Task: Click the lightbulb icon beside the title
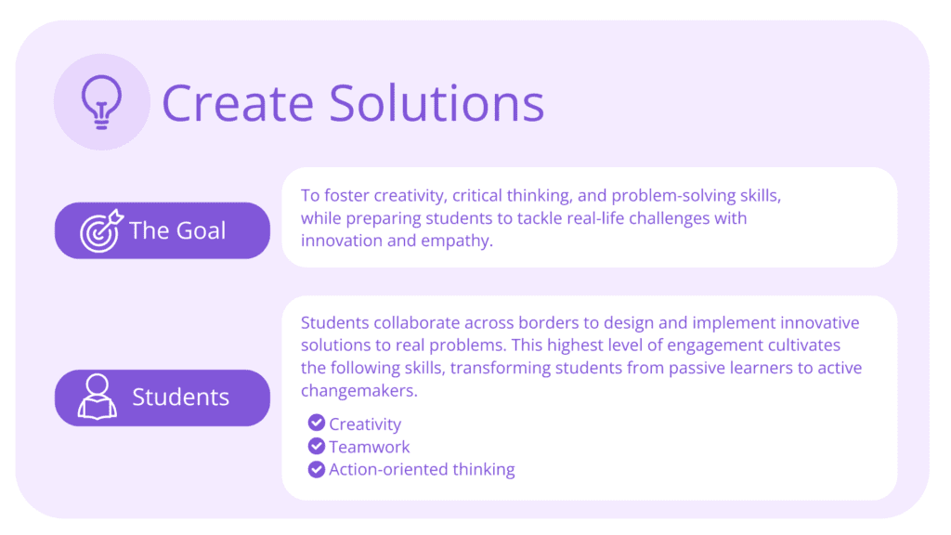pos(101,102)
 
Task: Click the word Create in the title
pos(238,102)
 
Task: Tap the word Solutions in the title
pos(436,102)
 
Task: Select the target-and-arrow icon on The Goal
pos(101,230)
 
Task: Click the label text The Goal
pos(177,230)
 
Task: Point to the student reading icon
pos(97,397)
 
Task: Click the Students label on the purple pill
pos(181,398)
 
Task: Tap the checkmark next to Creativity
pos(317,423)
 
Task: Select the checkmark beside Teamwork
pos(317,446)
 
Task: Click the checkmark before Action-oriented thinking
pos(317,469)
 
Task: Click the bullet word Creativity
pos(365,424)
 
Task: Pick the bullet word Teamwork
pos(370,447)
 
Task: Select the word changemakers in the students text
pos(359,391)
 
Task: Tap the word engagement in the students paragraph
pos(715,346)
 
